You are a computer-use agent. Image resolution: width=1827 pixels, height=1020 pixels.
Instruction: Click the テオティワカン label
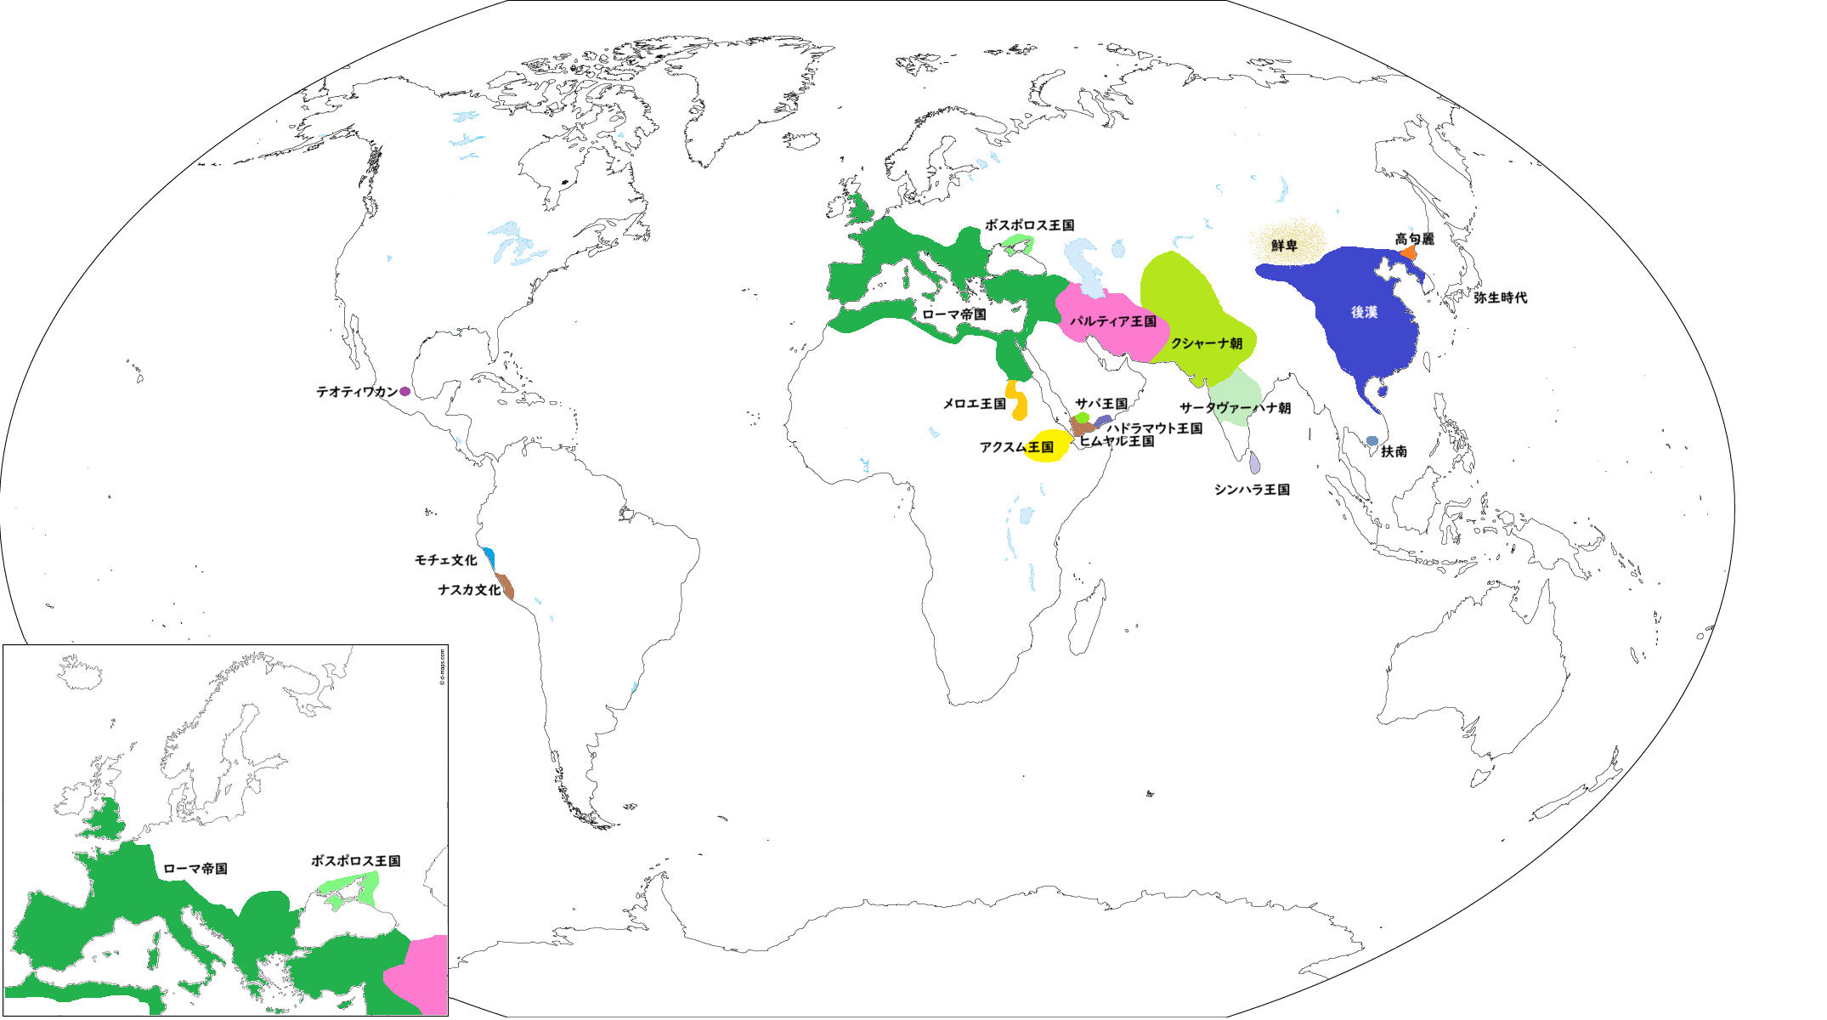coord(357,392)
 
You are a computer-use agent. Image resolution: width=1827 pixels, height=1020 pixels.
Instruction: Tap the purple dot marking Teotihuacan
coord(405,392)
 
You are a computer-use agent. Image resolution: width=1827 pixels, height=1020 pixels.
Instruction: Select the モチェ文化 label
coord(445,560)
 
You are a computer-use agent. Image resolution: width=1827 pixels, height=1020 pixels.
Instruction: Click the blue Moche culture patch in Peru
coord(489,558)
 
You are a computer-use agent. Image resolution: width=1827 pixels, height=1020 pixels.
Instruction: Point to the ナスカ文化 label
coord(469,590)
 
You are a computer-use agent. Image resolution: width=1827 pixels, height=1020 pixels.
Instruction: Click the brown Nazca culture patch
coord(506,586)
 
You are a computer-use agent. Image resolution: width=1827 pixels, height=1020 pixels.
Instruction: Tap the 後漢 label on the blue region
coord(1364,313)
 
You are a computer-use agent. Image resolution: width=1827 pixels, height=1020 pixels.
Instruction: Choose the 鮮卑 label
coord(1284,246)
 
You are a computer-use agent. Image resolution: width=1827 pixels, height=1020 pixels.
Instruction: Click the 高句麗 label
coord(1414,239)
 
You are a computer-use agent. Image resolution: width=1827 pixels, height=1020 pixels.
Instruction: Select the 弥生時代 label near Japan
coord(1500,297)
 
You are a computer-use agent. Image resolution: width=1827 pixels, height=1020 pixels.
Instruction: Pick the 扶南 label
coord(1394,451)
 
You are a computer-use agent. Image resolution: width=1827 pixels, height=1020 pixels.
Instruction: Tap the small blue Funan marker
coord(1372,441)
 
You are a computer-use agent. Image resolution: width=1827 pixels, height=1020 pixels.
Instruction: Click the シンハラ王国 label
coord(1252,490)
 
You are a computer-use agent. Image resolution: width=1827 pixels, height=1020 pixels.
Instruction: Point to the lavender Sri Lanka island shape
coord(1255,463)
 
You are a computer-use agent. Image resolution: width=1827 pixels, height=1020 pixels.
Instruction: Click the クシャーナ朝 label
coord(1206,343)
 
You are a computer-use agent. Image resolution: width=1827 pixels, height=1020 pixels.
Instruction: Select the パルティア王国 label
coord(1112,321)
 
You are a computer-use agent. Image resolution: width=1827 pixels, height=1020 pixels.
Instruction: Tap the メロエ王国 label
coord(974,404)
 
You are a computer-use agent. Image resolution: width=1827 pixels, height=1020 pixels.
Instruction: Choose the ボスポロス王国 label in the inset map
coord(355,861)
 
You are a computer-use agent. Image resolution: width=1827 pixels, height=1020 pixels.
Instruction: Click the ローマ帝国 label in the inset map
coord(195,869)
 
